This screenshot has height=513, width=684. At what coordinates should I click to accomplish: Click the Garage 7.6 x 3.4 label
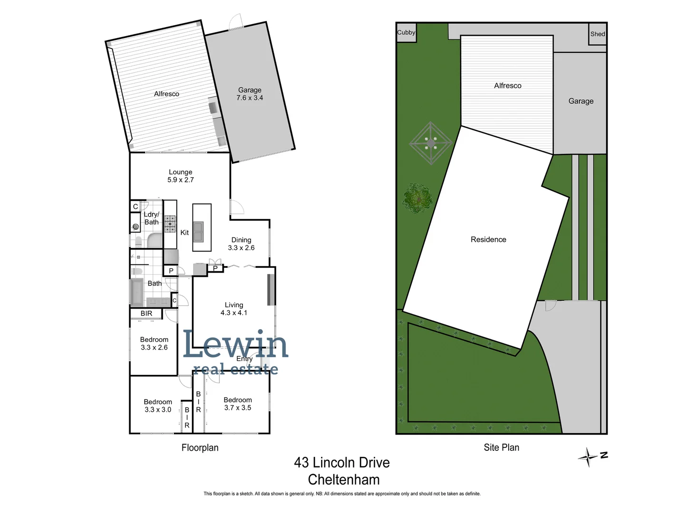point(250,94)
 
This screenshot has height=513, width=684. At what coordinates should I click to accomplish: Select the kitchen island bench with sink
point(201,228)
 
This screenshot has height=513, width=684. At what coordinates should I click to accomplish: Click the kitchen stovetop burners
point(170,224)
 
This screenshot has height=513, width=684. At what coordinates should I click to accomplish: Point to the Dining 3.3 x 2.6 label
point(241,244)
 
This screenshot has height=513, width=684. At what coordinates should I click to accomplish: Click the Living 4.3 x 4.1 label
point(234,309)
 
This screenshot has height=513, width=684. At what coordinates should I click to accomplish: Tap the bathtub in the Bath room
point(136,292)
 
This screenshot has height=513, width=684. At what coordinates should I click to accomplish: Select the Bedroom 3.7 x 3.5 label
point(237,404)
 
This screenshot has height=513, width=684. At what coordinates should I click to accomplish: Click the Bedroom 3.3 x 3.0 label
point(158,406)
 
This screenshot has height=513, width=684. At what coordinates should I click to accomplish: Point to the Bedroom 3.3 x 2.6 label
point(154,343)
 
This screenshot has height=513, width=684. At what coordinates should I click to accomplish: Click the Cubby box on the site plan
point(406,33)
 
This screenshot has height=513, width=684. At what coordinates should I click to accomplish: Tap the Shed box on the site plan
point(598,34)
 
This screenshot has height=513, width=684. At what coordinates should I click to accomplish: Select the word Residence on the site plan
point(488,239)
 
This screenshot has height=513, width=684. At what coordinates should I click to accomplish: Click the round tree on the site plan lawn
point(418,198)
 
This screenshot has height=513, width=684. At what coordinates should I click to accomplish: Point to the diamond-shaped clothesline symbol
point(431,143)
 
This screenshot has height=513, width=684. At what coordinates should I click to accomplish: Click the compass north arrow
point(589,457)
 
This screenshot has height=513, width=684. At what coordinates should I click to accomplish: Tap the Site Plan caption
point(501,447)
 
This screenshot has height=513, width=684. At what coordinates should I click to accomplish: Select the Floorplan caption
point(200,447)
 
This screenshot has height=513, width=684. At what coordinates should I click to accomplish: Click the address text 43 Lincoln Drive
point(342,462)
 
